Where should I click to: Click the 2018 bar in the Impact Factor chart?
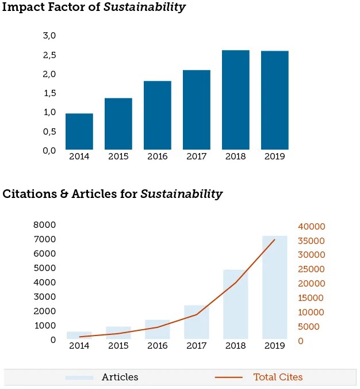235,100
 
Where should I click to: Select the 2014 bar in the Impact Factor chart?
79,132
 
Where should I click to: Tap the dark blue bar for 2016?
157,115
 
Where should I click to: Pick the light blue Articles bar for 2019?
274,287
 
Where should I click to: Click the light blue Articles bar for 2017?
196,322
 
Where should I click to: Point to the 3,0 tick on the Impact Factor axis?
49,36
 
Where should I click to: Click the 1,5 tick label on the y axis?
49,93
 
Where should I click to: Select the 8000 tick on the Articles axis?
45,225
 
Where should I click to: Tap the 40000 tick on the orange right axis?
312,226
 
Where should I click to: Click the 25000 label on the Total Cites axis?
312,269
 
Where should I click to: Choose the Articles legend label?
120,377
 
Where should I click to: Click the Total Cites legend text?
278,377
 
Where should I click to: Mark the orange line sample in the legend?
229,377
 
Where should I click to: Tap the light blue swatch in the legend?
79,377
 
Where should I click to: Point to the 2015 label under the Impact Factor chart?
118,157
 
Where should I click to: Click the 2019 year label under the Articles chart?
274,346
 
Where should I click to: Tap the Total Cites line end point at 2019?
274,239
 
